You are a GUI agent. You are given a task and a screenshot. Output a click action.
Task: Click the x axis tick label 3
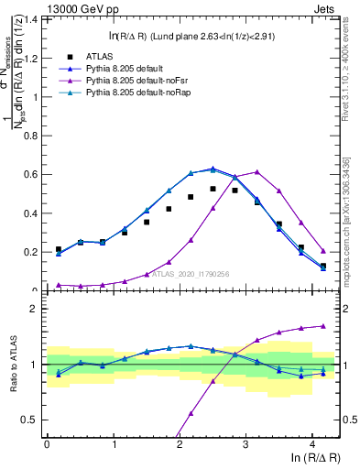click(245, 444)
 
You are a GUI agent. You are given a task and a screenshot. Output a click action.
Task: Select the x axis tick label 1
click(113, 444)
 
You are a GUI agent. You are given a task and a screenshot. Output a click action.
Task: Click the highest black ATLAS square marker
click(213, 189)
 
